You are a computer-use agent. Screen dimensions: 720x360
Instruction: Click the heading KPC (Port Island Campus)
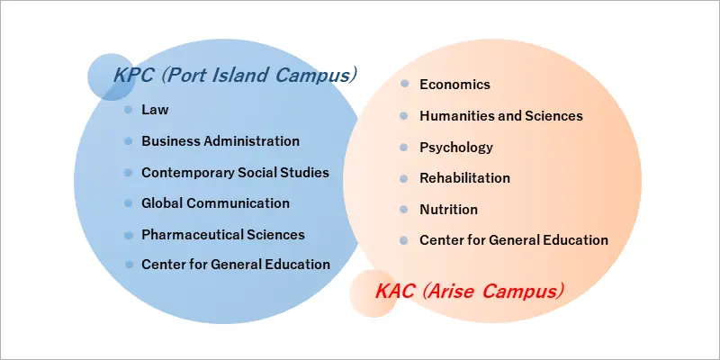click(235, 76)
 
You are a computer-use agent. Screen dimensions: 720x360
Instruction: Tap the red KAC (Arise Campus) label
click(469, 291)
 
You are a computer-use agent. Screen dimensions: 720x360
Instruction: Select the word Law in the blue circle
click(155, 110)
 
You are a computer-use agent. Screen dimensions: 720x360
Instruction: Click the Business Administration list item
click(220, 141)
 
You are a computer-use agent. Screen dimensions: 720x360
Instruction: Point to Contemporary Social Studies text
click(235, 173)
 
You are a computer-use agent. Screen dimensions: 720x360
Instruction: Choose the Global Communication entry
click(215, 203)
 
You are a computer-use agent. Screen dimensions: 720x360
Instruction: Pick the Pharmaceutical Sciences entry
click(223, 235)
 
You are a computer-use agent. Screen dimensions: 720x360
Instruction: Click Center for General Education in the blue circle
click(236, 265)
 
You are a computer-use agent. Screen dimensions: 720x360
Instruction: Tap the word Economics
click(454, 85)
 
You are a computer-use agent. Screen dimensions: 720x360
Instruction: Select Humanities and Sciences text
click(501, 116)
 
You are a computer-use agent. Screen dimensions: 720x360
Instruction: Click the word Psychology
click(456, 148)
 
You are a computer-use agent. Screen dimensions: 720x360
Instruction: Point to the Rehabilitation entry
click(464, 178)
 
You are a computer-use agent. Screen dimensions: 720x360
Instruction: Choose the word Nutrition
click(448, 210)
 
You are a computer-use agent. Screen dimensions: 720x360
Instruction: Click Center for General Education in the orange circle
click(514, 240)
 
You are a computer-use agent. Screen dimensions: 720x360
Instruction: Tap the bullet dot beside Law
click(129, 110)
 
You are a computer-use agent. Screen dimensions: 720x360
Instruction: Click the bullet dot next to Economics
click(404, 84)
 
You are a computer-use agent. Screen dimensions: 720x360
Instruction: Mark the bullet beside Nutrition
click(403, 210)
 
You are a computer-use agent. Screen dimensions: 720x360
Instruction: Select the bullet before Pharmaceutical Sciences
click(129, 235)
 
